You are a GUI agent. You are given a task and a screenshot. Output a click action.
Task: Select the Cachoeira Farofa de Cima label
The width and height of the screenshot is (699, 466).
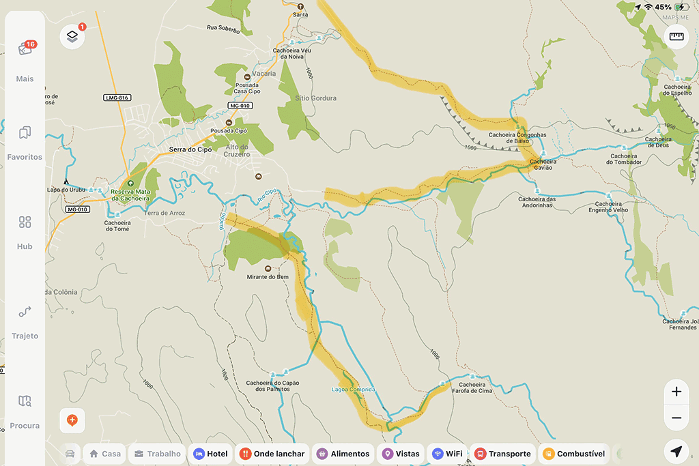click(472, 388)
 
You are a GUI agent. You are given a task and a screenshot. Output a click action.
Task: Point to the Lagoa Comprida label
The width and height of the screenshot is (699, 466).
click(353, 390)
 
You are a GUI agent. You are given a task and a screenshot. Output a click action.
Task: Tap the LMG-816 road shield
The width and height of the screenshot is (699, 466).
click(117, 98)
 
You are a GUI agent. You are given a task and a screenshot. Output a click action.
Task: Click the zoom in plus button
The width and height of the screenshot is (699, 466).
click(676, 392)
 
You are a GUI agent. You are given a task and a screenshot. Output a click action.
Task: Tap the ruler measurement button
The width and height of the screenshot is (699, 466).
click(676, 37)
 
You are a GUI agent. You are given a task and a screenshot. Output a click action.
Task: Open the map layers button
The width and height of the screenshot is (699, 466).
click(72, 37)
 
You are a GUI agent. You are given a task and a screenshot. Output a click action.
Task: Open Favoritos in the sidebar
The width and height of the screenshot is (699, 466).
click(25, 142)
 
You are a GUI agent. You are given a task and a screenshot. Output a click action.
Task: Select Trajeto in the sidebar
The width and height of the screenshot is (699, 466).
click(25, 321)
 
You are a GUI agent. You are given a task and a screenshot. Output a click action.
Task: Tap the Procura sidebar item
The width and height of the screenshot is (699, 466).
click(25, 411)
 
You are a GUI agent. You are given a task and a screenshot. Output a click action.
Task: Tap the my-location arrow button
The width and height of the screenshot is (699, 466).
click(676, 452)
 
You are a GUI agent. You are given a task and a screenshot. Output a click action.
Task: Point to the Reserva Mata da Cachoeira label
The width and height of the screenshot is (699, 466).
click(130, 194)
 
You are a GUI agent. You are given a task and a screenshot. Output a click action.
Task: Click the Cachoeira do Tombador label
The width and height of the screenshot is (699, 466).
click(625, 159)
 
